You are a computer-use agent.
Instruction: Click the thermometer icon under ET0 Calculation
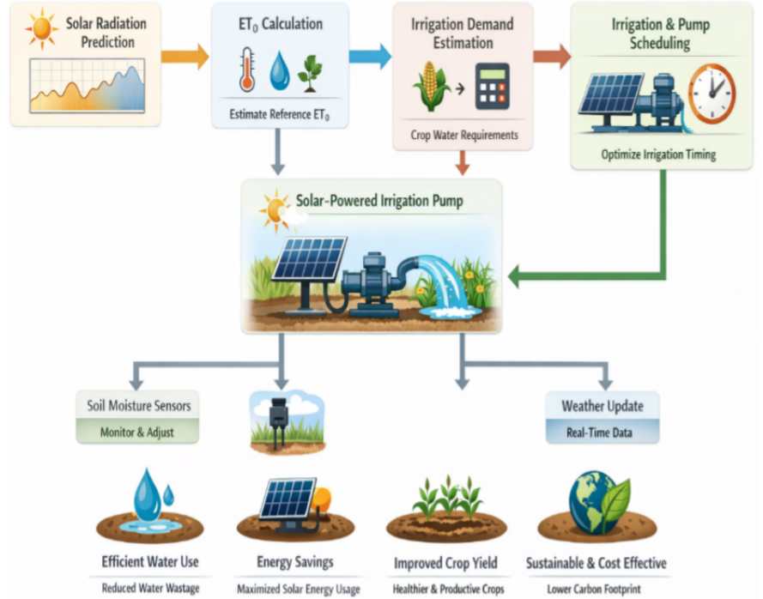[x=247, y=70]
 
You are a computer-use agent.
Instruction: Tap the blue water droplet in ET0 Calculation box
[x=280, y=71]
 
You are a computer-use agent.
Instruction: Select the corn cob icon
[x=431, y=86]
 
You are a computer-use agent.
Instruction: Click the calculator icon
[x=492, y=86]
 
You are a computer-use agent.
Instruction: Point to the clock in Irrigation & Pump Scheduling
[x=712, y=94]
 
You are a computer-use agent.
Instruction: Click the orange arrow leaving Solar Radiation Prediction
[x=185, y=57]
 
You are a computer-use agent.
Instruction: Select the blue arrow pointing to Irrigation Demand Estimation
[x=370, y=57]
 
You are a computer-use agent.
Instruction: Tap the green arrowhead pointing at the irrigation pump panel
[x=514, y=277]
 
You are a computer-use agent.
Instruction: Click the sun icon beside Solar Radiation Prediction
[x=42, y=28]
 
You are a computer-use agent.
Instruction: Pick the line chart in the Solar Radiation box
[x=87, y=86]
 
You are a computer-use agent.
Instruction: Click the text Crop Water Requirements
[x=464, y=135]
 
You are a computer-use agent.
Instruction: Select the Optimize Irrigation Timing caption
[x=658, y=154]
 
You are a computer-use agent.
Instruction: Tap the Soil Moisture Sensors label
[x=139, y=405]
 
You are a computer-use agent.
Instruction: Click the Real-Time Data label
[x=599, y=433]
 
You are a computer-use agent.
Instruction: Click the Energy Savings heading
[x=295, y=562]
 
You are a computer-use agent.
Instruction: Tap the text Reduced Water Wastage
[x=150, y=588]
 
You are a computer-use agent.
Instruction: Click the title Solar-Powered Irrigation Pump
[x=379, y=201]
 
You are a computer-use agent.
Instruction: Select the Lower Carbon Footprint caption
[x=594, y=590]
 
